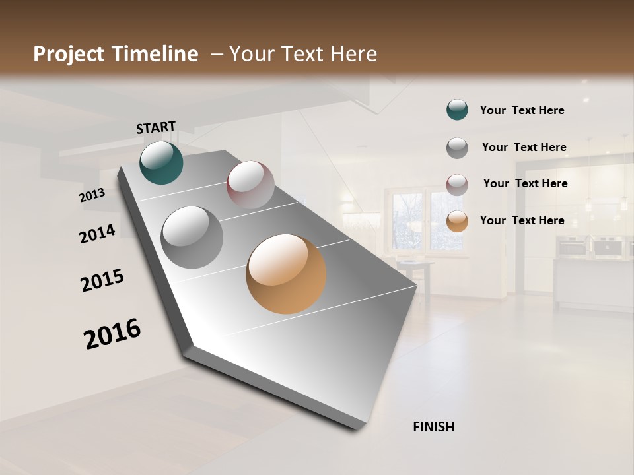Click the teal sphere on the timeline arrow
coord(161,163)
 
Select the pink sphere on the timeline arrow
coord(250,185)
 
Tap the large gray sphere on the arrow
coord(192,237)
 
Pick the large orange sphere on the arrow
coord(286,274)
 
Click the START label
coord(156,127)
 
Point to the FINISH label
coord(433,427)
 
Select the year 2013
coord(92,195)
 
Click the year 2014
coord(97,234)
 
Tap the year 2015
coord(102,280)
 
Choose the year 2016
coord(112,333)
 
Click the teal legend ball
coord(457,110)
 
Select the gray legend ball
coord(457,148)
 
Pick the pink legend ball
coord(457,184)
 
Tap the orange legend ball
coord(457,221)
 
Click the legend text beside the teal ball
coord(522,110)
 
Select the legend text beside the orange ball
coord(522,220)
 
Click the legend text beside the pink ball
coord(525,183)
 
